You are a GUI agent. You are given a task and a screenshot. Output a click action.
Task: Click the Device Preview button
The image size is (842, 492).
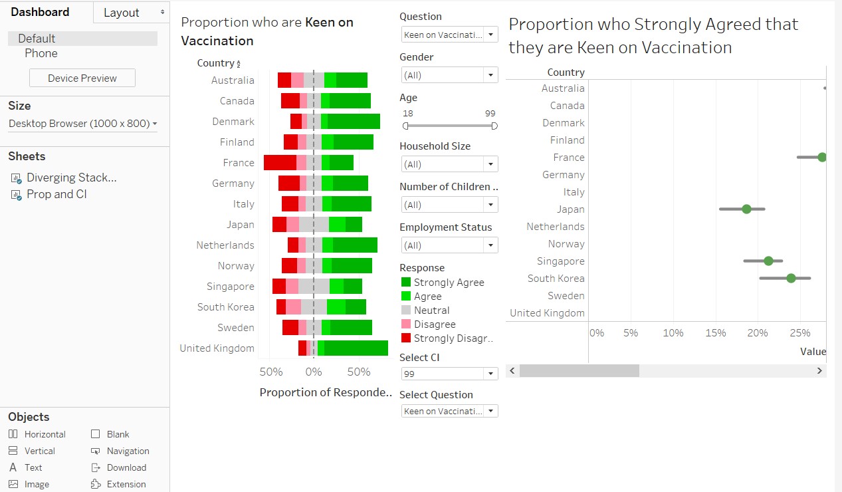point(82,78)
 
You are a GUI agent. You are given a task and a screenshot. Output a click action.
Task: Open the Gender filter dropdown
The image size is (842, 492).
point(449,75)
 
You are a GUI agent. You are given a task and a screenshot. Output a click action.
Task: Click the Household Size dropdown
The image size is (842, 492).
point(449,164)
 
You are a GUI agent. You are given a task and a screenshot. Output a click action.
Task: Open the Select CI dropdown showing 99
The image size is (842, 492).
point(449,374)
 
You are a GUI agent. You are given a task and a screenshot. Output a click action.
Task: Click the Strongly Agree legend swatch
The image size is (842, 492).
point(406,283)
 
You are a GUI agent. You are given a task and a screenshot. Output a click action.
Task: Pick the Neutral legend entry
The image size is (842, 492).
point(431,310)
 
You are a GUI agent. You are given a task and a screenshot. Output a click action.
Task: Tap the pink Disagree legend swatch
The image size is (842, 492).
point(406,324)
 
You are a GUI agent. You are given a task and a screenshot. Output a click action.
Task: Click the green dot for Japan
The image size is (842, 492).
point(746,209)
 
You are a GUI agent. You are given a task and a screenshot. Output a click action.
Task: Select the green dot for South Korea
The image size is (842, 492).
point(791,279)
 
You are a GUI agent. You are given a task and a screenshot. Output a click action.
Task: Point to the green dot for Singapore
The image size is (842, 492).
point(768,261)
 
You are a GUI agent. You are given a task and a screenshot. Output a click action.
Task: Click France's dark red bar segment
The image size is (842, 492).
point(280,163)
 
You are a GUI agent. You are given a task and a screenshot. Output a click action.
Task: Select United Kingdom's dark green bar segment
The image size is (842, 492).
point(356,348)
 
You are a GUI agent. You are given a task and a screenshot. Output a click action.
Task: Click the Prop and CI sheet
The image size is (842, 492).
point(56,195)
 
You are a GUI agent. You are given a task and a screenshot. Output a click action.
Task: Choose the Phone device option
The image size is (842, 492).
point(41,53)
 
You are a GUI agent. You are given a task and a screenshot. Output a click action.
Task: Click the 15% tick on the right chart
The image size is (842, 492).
point(715,333)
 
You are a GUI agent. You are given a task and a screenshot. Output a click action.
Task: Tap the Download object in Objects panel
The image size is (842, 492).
point(126,468)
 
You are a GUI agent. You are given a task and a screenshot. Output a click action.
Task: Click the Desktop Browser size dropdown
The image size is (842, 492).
point(82,124)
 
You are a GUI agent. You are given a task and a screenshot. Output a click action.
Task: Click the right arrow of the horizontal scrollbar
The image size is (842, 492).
point(819,371)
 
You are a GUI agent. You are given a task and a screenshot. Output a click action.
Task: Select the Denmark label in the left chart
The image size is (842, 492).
point(233,122)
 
